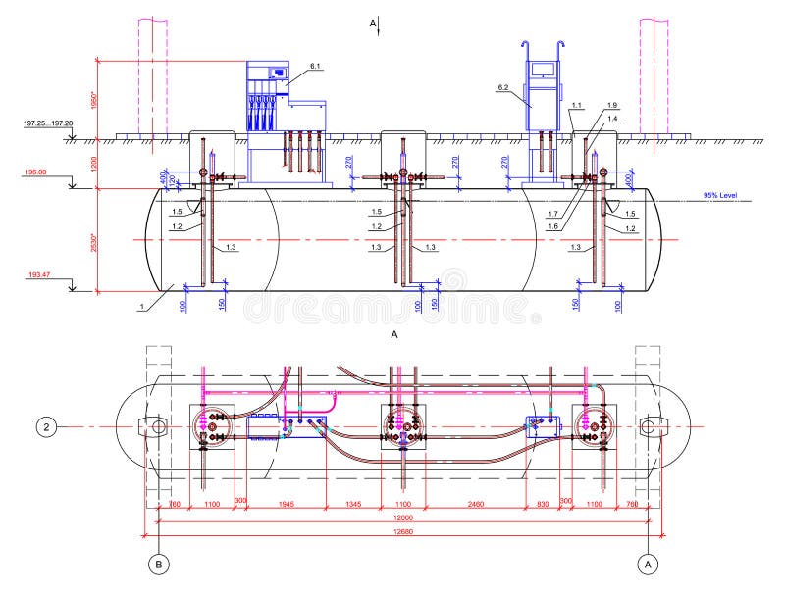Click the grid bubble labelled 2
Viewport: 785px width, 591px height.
click(x=46, y=426)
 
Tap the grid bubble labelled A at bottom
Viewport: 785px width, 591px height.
click(x=647, y=564)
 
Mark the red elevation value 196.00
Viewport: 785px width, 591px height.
click(x=36, y=172)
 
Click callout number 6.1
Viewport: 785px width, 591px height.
click(x=315, y=66)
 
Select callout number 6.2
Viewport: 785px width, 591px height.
click(x=502, y=88)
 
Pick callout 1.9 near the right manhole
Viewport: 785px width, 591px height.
click(x=612, y=105)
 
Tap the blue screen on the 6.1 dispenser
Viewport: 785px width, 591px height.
click(x=279, y=72)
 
